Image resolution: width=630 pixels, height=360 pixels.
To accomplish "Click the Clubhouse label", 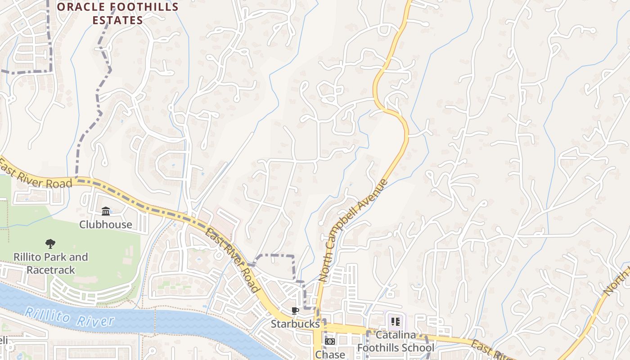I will (106, 225).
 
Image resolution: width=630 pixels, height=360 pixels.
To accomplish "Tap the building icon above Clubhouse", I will (106, 211).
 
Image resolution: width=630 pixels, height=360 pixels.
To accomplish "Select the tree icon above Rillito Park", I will (50, 244).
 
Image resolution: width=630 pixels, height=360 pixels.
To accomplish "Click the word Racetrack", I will (51, 270).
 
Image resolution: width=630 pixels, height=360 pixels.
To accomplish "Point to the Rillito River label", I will (69, 317).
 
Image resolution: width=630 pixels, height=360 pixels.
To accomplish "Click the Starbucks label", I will (295, 324).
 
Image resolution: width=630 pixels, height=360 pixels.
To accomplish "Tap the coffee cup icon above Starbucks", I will (295, 310).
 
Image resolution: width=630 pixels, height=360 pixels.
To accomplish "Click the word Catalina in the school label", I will (396, 335).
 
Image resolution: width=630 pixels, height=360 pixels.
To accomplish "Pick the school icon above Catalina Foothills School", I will (396, 321).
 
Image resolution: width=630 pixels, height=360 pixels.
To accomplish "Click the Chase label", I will (330, 355).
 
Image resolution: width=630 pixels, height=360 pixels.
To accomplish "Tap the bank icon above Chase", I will (330, 342).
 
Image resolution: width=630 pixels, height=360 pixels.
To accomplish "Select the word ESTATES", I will (117, 20).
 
